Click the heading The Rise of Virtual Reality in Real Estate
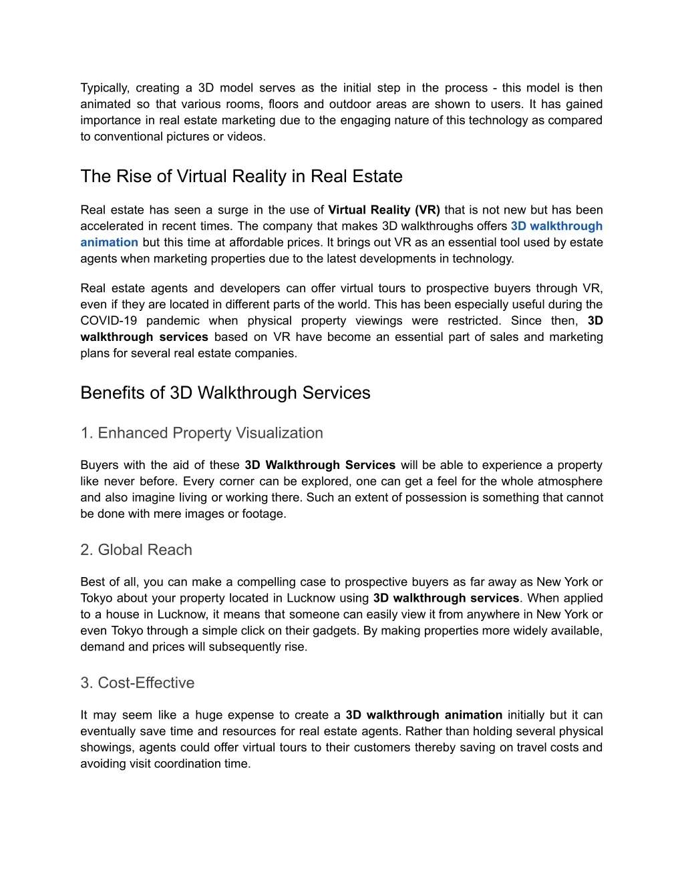[x=241, y=177]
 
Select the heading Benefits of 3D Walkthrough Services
[x=225, y=393]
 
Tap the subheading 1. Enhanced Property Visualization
[x=201, y=433]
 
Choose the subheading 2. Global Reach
[x=136, y=550]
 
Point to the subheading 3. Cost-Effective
[x=137, y=683]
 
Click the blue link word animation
[x=109, y=242]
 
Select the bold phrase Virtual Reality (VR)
[x=384, y=210]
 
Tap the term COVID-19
[x=109, y=321]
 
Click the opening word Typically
[x=104, y=88]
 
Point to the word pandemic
[x=173, y=321]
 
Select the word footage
[x=263, y=514]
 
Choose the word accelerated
[x=110, y=226]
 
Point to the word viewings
[x=379, y=321]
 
